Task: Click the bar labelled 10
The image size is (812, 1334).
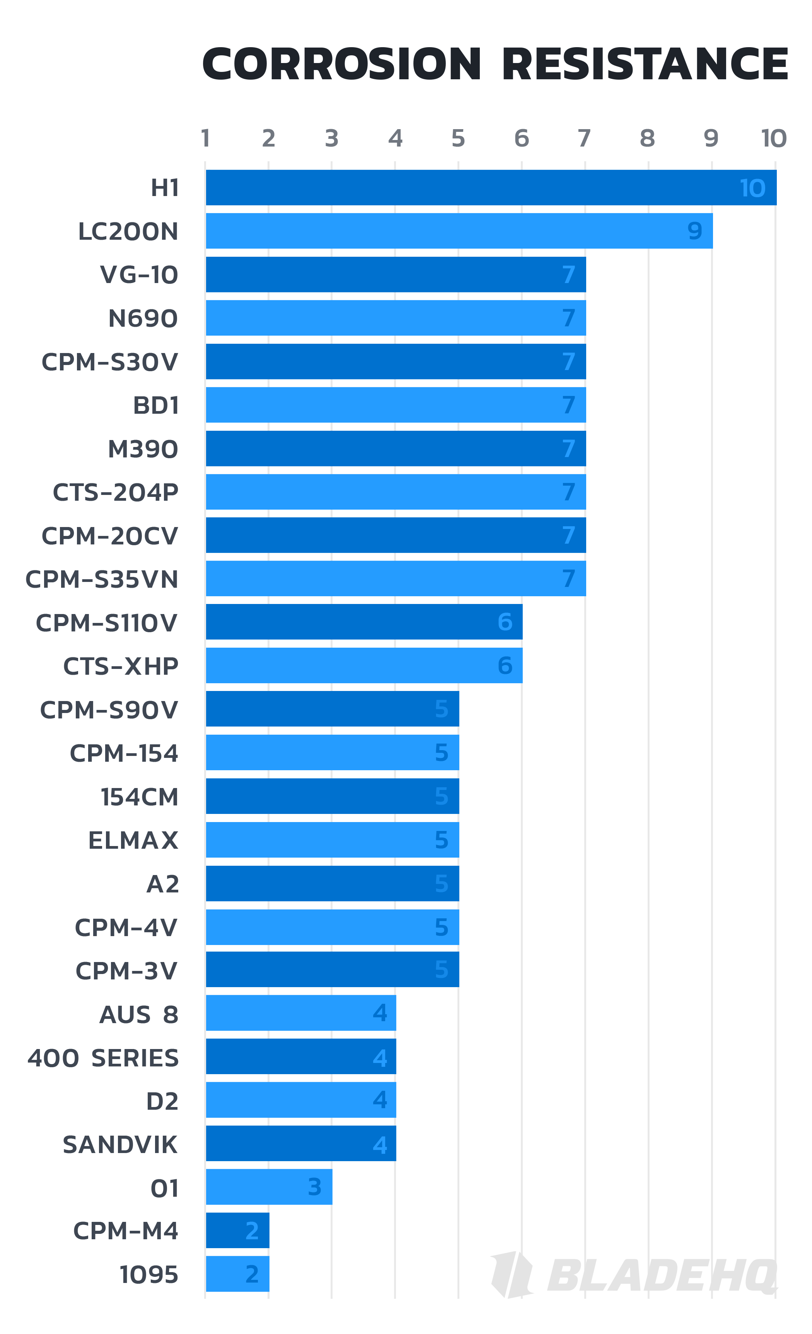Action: (x=487, y=187)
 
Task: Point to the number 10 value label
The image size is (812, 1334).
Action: (x=752, y=188)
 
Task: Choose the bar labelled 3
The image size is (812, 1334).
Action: (x=271, y=1187)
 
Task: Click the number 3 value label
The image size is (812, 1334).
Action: (x=314, y=1187)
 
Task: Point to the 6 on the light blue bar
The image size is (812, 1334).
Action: (x=505, y=665)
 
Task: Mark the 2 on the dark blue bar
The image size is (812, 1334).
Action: (x=252, y=1231)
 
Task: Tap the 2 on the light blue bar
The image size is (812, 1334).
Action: (x=252, y=1274)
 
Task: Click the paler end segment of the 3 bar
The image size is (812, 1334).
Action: (x=363, y=1187)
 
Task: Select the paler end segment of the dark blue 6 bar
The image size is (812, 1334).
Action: (x=553, y=621)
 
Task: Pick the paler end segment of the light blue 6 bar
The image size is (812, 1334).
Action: (x=553, y=665)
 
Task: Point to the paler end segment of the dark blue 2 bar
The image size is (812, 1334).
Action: (x=299, y=1231)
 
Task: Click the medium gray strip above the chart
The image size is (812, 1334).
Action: (x=406, y=138)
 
